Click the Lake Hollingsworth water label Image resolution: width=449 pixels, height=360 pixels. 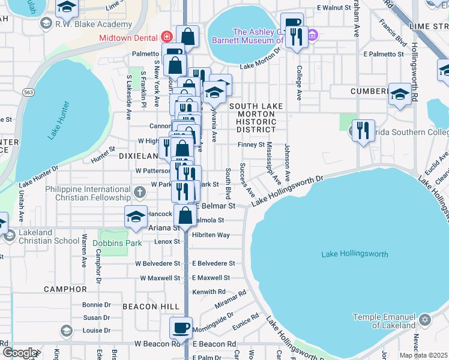(x=355, y=254)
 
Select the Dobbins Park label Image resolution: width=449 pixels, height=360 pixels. (x=118, y=244)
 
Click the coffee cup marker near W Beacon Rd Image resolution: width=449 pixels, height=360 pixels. (x=181, y=328)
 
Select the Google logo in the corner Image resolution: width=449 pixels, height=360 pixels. (x=19, y=353)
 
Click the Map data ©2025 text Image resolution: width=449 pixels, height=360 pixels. (x=423, y=355)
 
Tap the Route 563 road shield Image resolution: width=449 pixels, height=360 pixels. (x=28, y=92)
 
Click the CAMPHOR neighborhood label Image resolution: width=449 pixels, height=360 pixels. (x=65, y=289)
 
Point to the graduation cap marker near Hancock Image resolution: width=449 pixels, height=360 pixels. (x=136, y=216)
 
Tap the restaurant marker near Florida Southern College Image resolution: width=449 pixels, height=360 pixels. (x=363, y=131)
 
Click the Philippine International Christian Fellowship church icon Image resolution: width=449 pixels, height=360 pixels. (x=139, y=192)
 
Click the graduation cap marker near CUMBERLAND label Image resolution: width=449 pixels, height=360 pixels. (x=399, y=94)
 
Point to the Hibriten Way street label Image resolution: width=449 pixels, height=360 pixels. (x=211, y=235)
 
